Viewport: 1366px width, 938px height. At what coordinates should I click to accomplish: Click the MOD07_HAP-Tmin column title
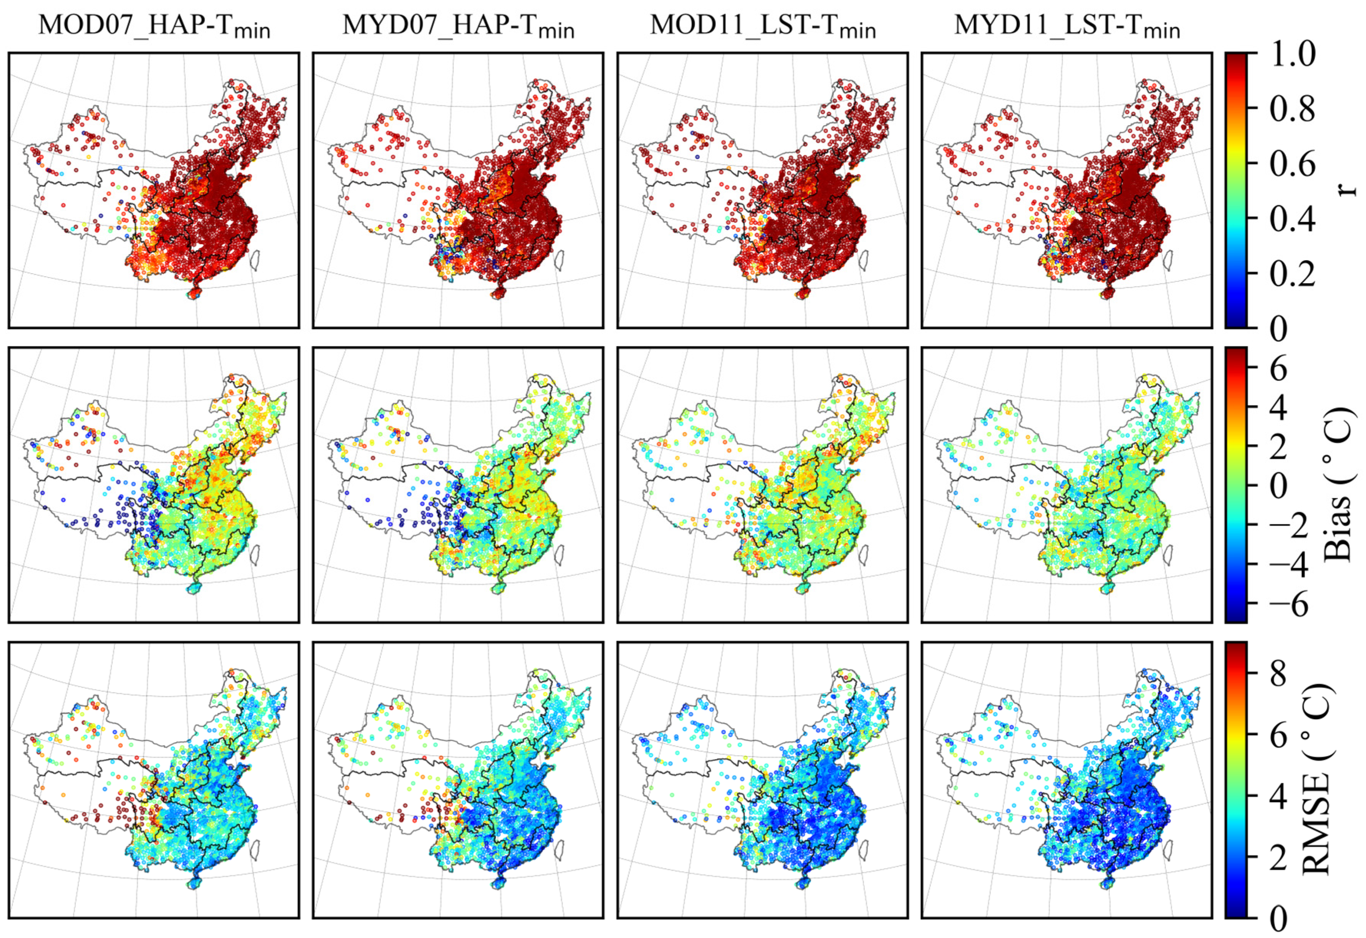pos(154,27)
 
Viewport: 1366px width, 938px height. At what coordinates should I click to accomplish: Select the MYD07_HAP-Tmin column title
pos(458,27)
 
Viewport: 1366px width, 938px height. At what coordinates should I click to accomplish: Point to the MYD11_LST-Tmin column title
pos(1067,27)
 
